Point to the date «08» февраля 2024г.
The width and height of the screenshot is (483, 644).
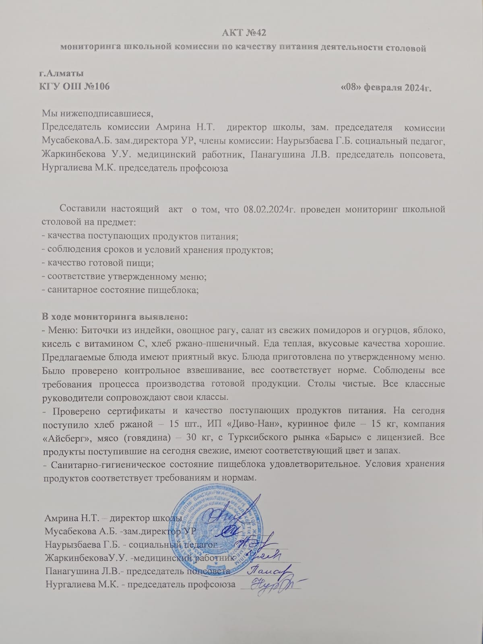[x=386, y=88]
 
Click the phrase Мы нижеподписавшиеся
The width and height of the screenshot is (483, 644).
[x=98, y=112]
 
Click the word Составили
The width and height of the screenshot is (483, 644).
[x=83, y=210]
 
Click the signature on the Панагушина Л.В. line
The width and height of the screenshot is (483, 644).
[x=266, y=570]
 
